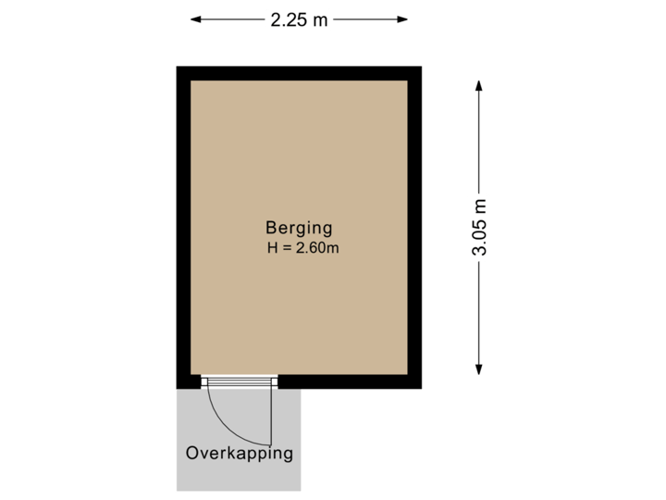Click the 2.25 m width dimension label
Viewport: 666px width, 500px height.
tap(299, 19)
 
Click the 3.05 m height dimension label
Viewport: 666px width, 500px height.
tap(479, 228)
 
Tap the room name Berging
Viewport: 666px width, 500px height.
tap(299, 227)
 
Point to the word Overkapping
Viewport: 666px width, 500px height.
tap(240, 453)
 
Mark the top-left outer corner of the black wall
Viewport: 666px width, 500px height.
tap(178, 68)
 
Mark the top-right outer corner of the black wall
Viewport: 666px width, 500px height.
tap(421, 68)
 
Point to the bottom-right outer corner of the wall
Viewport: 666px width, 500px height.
tap(421, 387)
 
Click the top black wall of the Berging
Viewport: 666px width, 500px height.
tap(299, 73)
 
